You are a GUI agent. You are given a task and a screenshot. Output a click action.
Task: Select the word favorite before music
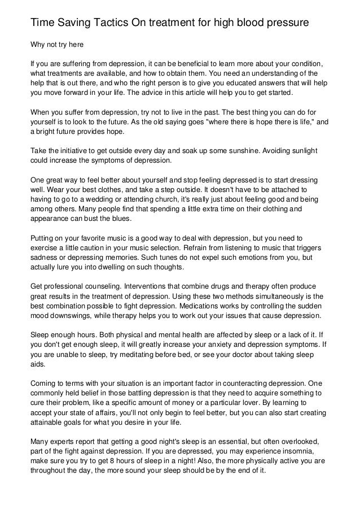[x=95, y=239]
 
